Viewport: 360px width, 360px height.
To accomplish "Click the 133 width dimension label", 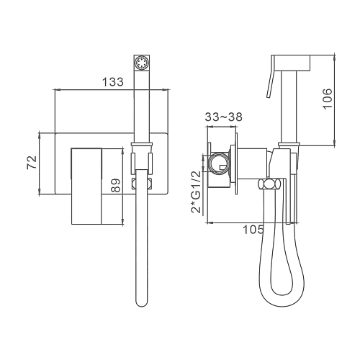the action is (113, 81).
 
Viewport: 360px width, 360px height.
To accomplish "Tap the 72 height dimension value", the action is (32, 163).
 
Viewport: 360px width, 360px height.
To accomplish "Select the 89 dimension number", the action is (116, 185).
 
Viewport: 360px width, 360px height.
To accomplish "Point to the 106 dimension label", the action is (327, 99).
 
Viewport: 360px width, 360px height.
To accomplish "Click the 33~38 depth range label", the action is (224, 117).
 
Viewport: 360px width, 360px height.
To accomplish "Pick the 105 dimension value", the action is (253, 230).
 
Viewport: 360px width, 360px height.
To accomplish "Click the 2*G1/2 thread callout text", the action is (196, 192).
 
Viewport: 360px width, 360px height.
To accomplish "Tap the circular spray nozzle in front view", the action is (142, 63).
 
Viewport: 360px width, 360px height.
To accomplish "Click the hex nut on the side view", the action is (269, 184).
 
